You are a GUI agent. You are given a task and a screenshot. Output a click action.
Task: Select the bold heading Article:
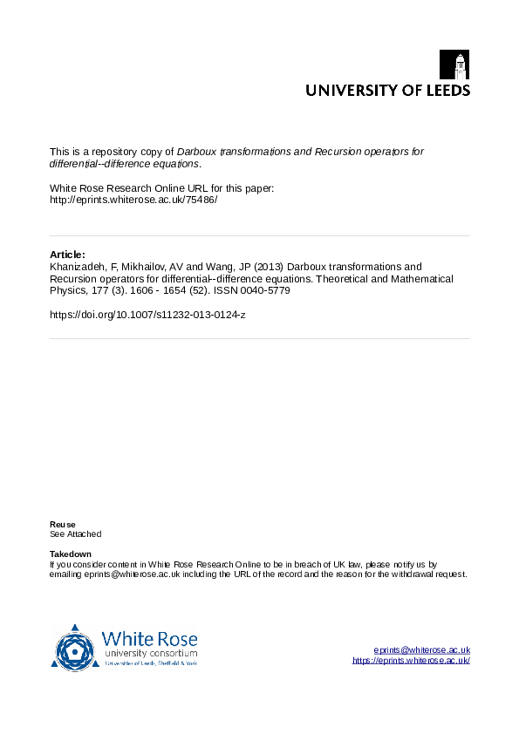68,254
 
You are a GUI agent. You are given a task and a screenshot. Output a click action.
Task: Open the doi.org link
147,314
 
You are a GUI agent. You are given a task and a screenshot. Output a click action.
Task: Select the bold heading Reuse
63,524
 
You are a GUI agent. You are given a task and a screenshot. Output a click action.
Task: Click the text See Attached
76,534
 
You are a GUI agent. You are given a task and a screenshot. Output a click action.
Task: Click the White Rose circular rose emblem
75,648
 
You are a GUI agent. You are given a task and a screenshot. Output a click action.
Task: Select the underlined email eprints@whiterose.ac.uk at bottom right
422,649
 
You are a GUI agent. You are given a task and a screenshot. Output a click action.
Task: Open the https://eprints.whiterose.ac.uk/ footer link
411,661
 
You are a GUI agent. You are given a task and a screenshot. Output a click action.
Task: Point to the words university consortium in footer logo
150,653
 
